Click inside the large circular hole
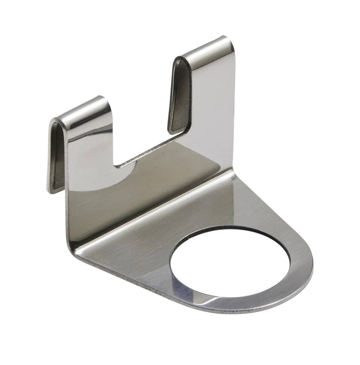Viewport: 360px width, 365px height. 230,264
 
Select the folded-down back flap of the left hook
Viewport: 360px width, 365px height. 57,157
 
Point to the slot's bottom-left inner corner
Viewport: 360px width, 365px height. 116,165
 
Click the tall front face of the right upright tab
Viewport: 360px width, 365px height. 214,107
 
